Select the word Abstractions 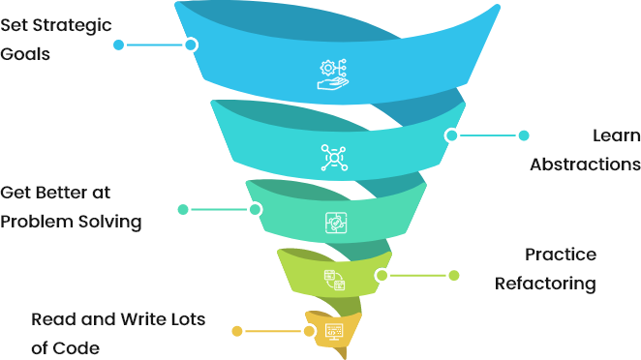tap(584, 164)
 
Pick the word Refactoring tap(544, 284)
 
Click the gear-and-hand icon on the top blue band tap(332, 74)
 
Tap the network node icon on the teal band tap(333, 156)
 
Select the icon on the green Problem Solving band tap(333, 222)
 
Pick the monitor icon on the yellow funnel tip tap(333, 332)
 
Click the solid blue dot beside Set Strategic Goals tap(118, 45)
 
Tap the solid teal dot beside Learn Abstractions tap(524, 135)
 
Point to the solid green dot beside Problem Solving tap(183, 209)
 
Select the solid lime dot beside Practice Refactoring tap(453, 275)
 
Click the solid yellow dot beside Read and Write tap(236, 331)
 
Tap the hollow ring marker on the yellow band tap(310, 331)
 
